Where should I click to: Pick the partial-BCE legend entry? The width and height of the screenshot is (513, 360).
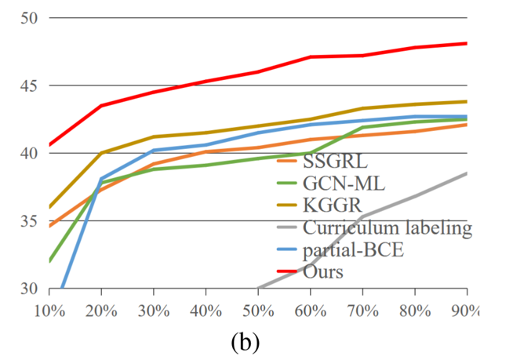pyautogui.click(x=358, y=251)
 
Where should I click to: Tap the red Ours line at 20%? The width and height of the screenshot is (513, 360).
pyautogui.click(x=101, y=106)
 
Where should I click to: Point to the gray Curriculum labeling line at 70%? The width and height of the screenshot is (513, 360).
pyautogui.click(x=362, y=216)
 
